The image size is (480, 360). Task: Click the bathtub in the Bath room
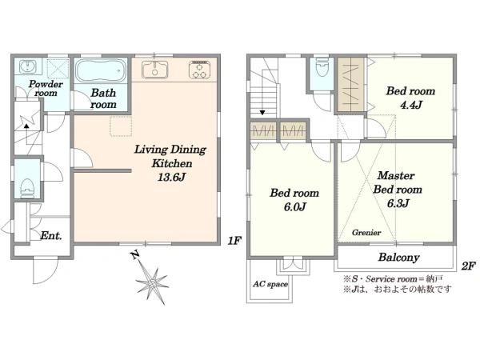(x=101, y=70)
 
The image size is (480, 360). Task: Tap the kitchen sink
(x=154, y=70)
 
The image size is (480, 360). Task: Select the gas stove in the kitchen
(x=199, y=70)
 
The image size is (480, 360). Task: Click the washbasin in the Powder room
(x=27, y=66)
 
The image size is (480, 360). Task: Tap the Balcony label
(x=398, y=257)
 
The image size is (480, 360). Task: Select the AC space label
(x=270, y=284)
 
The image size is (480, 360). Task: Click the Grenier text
(x=366, y=232)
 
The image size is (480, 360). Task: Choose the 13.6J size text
(x=171, y=177)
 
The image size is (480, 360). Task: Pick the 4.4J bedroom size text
(x=411, y=105)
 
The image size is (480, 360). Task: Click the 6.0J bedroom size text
(x=294, y=207)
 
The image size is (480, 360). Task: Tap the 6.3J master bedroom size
(x=398, y=203)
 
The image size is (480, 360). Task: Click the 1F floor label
(x=234, y=241)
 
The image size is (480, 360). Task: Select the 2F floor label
(x=468, y=266)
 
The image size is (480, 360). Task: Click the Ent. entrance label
(x=51, y=236)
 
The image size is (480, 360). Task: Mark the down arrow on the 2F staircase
(x=262, y=113)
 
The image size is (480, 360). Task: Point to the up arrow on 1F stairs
(x=27, y=125)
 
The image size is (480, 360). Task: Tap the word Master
(x=396, y=176)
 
